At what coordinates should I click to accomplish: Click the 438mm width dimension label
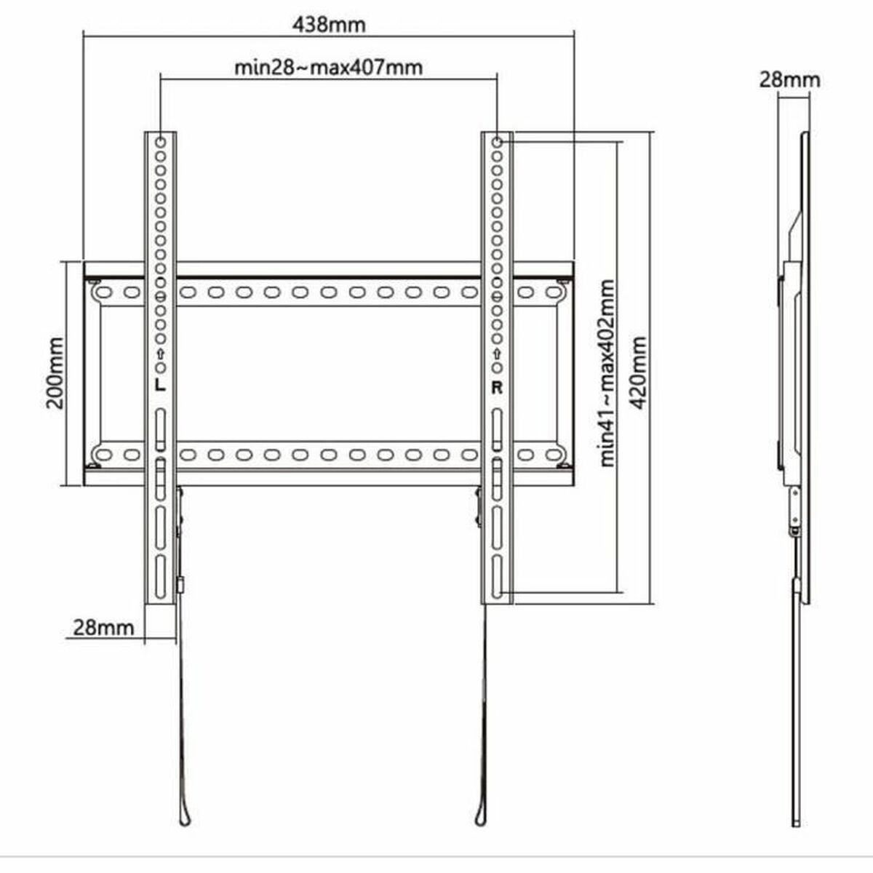click(329, 24)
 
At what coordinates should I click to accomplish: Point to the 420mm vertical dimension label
click(638, 372)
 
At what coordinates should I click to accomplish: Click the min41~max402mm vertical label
click(607, 372)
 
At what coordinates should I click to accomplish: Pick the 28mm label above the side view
click(789, 79)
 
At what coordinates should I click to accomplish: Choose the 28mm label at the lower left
click(103, 626)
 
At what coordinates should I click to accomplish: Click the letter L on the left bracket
click(160, 386)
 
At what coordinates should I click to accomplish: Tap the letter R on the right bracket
click(497, 387)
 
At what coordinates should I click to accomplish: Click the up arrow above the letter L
click(160, 354)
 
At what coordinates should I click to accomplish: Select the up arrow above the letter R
click(497, 354)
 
